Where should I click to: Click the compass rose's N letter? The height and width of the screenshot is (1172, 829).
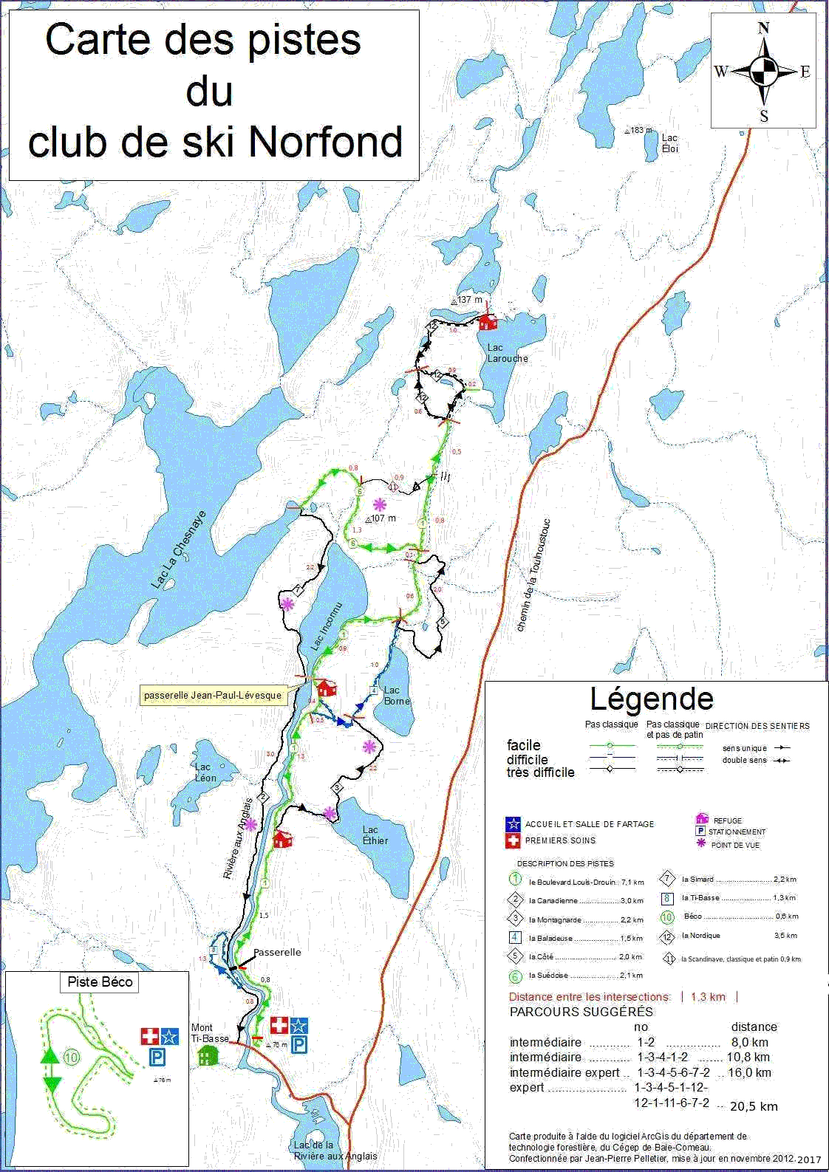click(x=763, y=29)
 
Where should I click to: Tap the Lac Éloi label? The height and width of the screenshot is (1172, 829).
click(x=669, y=143)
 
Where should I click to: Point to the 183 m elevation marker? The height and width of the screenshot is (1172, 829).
click(x=639, y=130)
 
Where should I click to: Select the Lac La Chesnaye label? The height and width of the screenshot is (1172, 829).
click(x=178, y=549)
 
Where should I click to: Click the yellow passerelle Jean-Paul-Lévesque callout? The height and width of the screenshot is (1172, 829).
click(x=213, y=696)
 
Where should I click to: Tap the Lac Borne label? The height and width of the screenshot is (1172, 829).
click(x=397, y=696)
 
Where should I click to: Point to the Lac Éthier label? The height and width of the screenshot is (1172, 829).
click(x=375, y=835)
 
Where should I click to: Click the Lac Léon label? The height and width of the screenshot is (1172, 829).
click(x=205, y=772)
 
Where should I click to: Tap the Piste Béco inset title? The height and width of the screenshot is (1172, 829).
click(x=100, y=982)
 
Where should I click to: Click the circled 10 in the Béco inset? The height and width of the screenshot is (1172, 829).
click(x=71, y=1058)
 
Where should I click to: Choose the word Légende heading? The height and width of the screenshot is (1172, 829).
click(x=652, y=699)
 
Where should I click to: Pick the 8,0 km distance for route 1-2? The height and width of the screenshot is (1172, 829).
click(x=750, y=1042)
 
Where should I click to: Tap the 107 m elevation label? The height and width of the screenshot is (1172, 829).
click(x=383, y=518)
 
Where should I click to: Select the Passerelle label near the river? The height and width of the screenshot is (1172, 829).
click(x=277, y=952)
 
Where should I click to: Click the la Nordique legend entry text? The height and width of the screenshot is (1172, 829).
click(x=700, y=936)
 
